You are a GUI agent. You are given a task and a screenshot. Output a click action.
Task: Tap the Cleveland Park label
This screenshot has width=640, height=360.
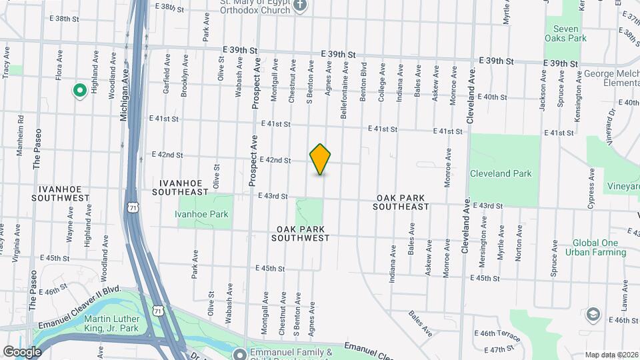click(x=501, y=173)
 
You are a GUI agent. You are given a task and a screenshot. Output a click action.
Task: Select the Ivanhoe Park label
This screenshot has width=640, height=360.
click(x=201, y=214)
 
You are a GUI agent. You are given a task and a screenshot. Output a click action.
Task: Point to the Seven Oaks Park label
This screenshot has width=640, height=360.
click(x=566, y=33)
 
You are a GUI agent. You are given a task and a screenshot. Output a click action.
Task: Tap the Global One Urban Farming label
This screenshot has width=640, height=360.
click(x=595, y=247)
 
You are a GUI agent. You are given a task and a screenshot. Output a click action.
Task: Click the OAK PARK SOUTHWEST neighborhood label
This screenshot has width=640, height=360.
click(x=301, y=233)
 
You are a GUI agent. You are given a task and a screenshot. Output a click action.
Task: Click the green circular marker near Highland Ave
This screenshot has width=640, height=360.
click(x=80, y=89)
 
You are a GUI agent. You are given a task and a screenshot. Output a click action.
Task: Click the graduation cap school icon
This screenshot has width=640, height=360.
click(x=592, y=314)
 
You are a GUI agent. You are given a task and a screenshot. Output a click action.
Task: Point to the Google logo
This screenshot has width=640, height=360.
click(x=22, y=351)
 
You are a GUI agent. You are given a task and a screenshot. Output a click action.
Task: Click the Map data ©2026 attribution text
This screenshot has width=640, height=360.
click(x=611, y=355)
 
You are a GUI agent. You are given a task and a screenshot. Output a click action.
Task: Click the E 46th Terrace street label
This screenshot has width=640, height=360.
click(x=497, y=332)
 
